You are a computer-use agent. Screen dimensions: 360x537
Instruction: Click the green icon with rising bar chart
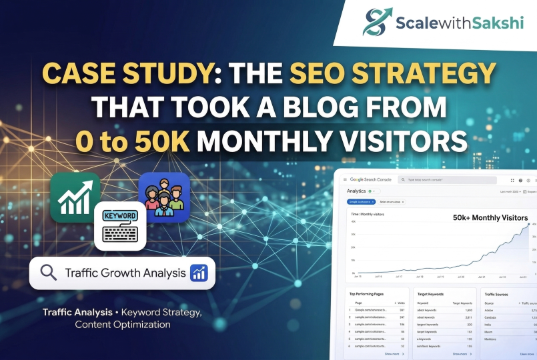click(75, 196)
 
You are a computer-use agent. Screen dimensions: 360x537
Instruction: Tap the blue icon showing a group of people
click(163, 197)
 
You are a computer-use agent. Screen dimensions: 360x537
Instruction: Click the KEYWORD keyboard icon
click(120, 226)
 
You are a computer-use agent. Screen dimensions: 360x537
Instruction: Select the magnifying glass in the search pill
click(48, 273)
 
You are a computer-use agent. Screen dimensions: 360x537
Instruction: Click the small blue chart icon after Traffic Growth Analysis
click(199, 273)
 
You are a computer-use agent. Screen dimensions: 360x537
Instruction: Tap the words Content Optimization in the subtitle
click(123, 324)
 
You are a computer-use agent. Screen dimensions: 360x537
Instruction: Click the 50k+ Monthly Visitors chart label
click(490, 218)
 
